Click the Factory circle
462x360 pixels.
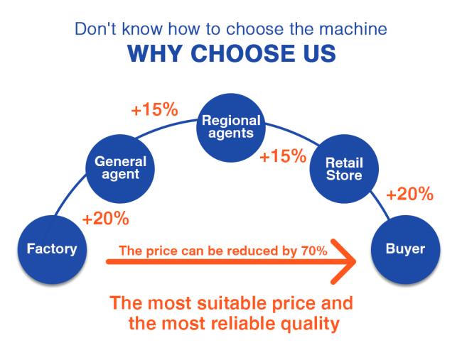(x=52, y=249)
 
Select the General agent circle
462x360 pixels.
(x=120, y=169)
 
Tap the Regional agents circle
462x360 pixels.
(x=231, y=128)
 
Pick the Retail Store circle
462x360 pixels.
(x=344, y=169)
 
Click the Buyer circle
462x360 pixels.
(x=405, y=249)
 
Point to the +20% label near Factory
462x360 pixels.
(x=106, y=219)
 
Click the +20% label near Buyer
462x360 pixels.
(x=410, y=195)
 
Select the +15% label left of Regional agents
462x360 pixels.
(x=155, y=109)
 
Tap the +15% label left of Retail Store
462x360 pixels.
(x=283, y=156)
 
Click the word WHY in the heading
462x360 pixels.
(x=154, y=53)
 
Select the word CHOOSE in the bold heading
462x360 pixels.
(x=243, y=53)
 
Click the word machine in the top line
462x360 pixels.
(x=353, y=29)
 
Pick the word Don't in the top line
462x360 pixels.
(x=96, y=29)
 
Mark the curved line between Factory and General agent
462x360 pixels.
(x=70, y=195)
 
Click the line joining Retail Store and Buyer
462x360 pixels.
(x=380, y=205)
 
